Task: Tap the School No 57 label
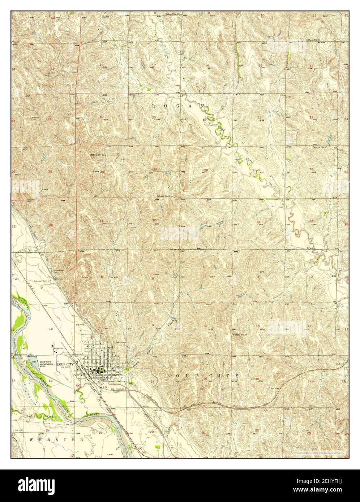[x=320, y=147]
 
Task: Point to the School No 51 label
[x=97, y=154]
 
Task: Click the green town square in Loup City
[x=102, y=369]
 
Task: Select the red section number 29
[x=155, y=169]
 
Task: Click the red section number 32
[x=154, y=220]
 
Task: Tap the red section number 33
[x=206, y=222]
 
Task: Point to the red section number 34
[x=258, y=221]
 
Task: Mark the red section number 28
[x=206, y=170]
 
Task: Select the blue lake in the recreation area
[x=35, y=362]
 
